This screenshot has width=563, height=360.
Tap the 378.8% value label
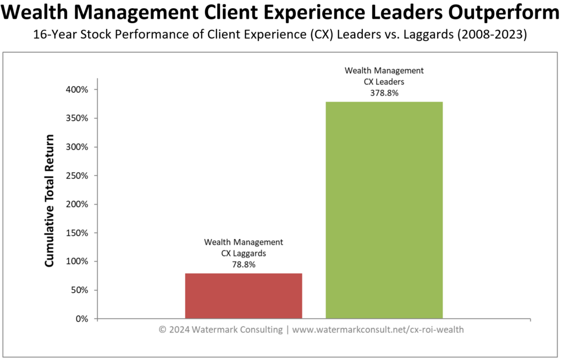[384, 93]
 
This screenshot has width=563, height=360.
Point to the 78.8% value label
[244, 264]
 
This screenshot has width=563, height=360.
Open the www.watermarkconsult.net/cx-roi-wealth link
[378, 330]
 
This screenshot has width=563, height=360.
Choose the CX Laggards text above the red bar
[244, 253]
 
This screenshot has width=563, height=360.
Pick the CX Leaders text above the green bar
[384, 82]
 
